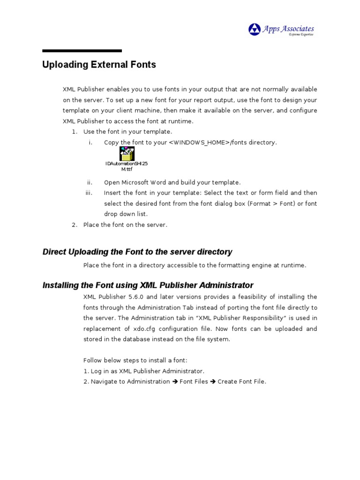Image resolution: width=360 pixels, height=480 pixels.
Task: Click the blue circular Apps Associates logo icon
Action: (x=255, y=30)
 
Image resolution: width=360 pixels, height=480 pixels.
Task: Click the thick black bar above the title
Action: (x=82, y=51)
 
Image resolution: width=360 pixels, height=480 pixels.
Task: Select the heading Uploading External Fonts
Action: (x=99, y=65)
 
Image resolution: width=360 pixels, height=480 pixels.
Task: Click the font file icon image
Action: (x=127, y=154)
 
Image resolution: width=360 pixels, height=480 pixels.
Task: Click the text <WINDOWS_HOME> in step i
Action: (x=199, y=142)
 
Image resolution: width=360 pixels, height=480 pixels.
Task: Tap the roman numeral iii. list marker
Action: (x=89, y=193)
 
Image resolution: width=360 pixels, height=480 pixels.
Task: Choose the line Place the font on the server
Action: (x=125, y=225)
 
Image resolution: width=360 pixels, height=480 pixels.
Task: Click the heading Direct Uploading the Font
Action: (x=137, y=252)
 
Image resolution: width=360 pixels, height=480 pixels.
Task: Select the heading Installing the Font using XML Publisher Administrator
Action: (x=148, y=285)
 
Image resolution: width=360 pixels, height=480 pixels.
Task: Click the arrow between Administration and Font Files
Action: (x=175, y=382)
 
